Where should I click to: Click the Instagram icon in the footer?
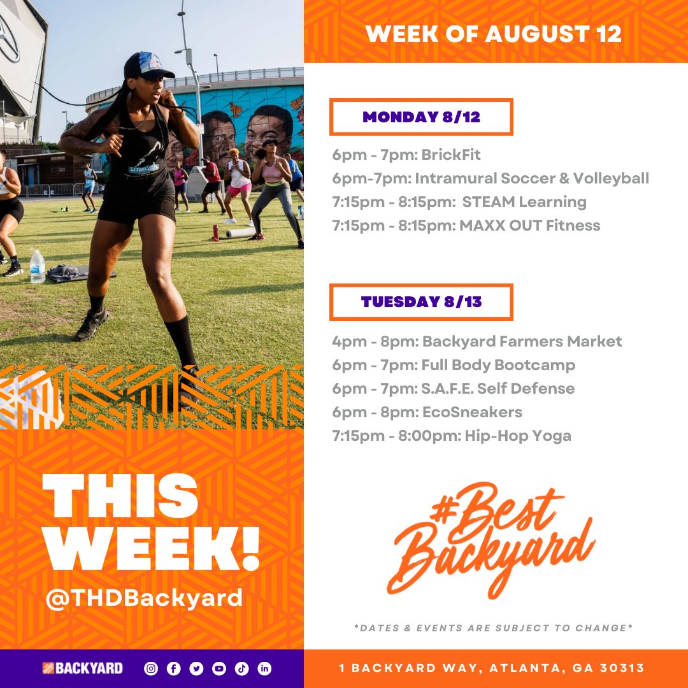(151, 668)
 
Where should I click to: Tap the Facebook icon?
(173, 668)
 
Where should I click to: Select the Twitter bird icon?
(196, 668)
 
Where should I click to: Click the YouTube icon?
(219, 668)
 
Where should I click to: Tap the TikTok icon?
(241, 668)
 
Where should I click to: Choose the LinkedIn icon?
(264, 668)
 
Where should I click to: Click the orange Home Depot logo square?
(48, 668)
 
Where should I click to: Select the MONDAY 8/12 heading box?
(421, 117)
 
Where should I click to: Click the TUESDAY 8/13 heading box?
(421, 302)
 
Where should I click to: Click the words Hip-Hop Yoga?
(517, 436)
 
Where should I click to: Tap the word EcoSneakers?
(472, 413)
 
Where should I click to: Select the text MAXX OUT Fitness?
(529, 226)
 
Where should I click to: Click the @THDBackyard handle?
(144, 598)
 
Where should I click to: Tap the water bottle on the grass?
(37, 266)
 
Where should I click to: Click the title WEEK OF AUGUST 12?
(494, 34)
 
